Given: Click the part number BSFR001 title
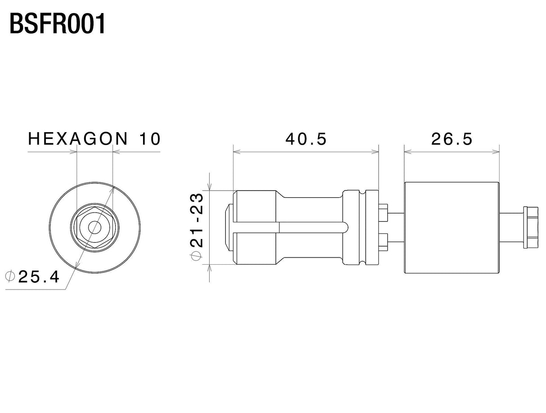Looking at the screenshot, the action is pos(57,24).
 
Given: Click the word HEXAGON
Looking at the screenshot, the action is pos(78,139).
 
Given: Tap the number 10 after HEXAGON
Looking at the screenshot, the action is pos(150,139).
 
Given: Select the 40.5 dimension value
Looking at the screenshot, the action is pos(306,139).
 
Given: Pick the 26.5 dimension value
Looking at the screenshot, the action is pos(452,139).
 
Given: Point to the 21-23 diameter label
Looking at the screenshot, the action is pos(197,220).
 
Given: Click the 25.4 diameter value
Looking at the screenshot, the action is pos(39,277).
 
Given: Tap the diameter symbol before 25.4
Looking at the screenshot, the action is pos(10,276).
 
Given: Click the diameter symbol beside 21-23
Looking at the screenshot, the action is pos(197,256).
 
